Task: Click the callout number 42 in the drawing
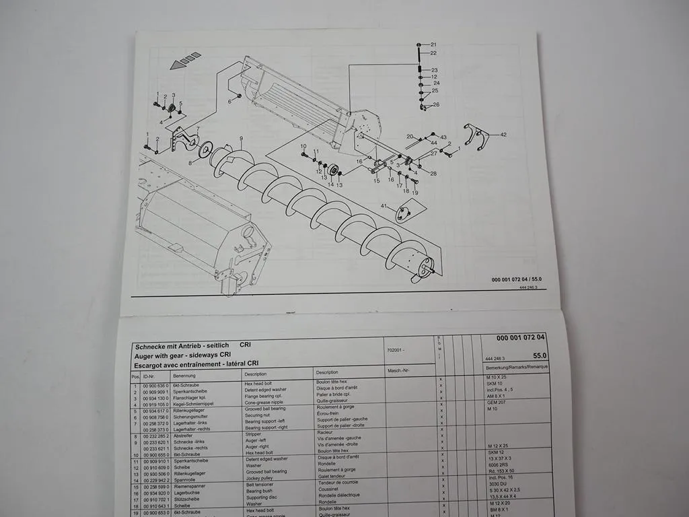[x=503, y=135]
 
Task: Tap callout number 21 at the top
[x=433, y=44]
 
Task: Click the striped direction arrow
[x=186, y=60]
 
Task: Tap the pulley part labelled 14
[x=332, y=168]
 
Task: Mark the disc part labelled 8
[x=205, y=149]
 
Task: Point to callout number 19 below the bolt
[x=415, y=193]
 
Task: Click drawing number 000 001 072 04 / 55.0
[x=517, y=279]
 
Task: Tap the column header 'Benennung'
[x=184, y=376]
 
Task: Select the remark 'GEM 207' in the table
[x=497, y=401]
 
